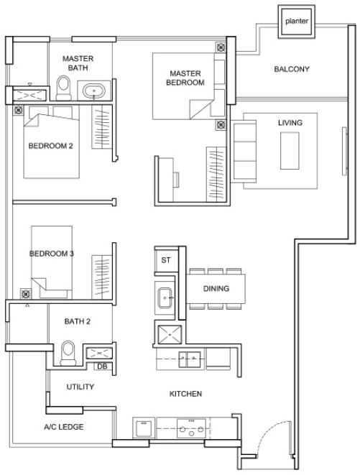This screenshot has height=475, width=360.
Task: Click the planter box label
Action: pos(297,22)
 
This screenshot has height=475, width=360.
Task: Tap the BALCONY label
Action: pos(292,70)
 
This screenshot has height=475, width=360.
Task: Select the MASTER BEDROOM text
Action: pos(188,78)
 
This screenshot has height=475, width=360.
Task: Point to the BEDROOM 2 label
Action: pos(50,146)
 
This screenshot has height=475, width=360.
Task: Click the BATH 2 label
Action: pos(78,321)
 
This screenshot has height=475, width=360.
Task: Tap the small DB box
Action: pos(102,366)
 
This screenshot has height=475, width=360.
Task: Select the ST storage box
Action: pos(165,260)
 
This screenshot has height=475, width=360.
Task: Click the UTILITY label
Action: pos(80,387)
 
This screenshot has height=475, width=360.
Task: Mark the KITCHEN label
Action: pos(185,394)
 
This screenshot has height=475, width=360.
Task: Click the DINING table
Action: pos(216,289)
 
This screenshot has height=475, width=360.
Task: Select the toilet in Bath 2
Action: pos(69,354)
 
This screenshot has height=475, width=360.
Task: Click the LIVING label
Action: pos(290,123)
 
